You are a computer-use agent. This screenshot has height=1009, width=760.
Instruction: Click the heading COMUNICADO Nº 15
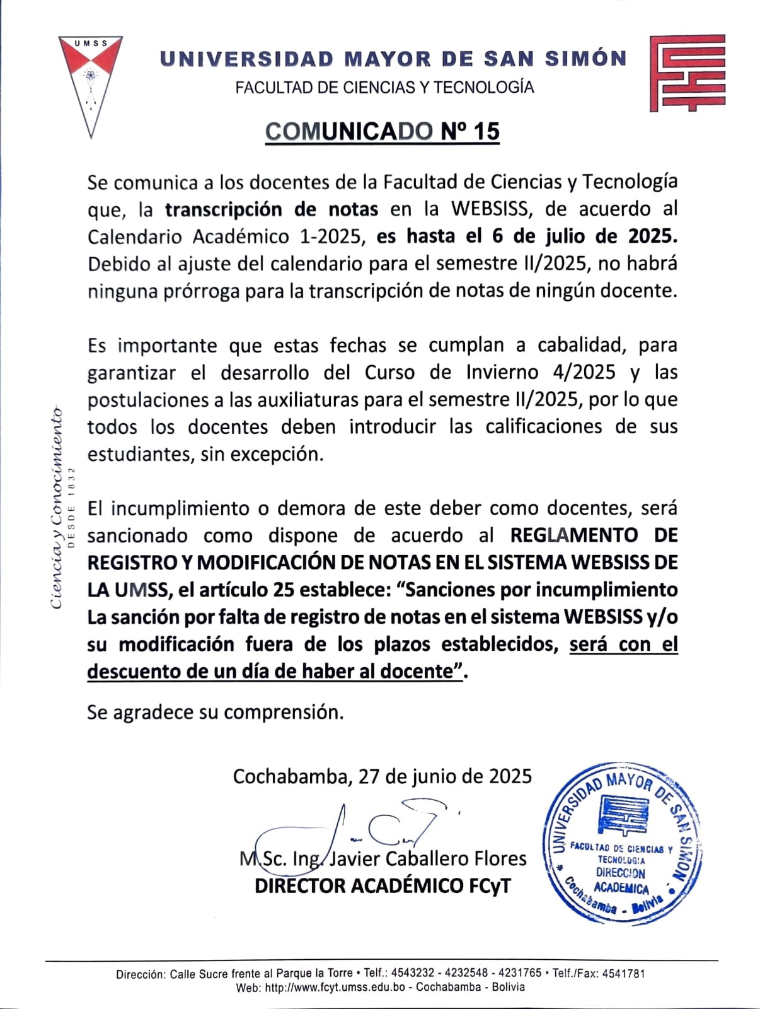(382, 131)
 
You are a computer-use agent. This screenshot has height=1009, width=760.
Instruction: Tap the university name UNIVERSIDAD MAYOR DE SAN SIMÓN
(393, 59)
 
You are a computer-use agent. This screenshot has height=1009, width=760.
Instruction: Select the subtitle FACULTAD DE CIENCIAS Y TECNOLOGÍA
(384, 88)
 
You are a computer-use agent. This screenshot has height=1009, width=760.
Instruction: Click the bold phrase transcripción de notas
(272, 209)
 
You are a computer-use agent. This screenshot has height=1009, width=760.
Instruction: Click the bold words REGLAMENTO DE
(594, 535)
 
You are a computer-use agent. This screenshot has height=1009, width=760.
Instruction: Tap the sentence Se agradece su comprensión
(216, 713)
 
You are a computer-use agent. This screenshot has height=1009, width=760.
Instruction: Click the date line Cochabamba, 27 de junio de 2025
(382, 776)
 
